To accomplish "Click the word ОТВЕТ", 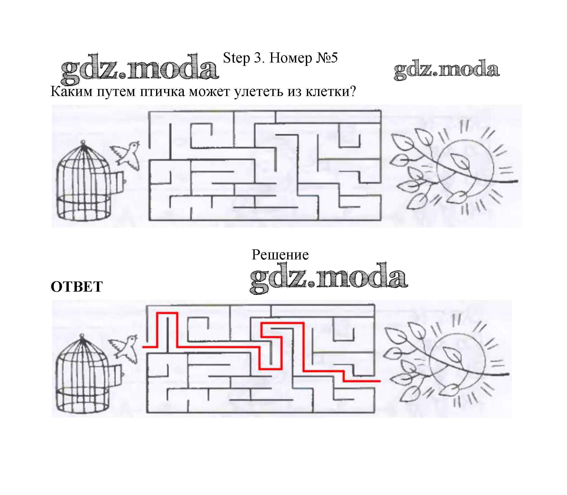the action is [x=77, y=287].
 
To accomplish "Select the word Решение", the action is [x=280, y=255].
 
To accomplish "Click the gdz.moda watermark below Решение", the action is [x=329, y=278].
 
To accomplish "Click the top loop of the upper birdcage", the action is [x=83, y=143].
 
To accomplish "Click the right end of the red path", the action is [x=380, y=381].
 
